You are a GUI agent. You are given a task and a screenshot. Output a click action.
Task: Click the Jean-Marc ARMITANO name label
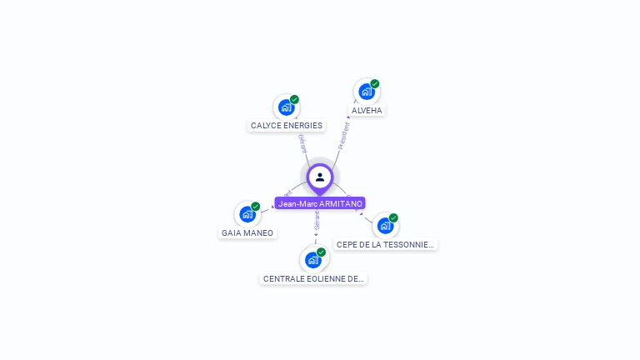320,203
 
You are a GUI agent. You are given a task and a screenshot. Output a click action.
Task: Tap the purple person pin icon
320,177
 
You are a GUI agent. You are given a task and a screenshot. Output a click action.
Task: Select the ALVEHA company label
367,110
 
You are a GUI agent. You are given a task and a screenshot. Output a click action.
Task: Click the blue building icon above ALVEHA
366,92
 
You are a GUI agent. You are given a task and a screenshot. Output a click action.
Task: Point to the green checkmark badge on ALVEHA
375,83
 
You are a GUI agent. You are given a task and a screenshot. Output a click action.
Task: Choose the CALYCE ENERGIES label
287,126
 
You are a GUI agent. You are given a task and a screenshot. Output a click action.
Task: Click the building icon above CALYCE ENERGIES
286,107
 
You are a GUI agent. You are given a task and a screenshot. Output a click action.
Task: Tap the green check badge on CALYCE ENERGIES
294,99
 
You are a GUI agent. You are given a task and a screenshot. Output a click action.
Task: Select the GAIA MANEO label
247,233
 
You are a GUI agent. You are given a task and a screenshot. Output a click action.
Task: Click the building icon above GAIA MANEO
247,214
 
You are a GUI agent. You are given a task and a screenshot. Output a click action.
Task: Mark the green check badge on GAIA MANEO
256,206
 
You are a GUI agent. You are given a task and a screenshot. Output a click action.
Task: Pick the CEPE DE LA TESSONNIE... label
385,245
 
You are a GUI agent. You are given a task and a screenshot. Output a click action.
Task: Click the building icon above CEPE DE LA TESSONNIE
384,226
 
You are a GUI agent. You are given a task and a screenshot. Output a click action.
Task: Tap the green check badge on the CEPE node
393,217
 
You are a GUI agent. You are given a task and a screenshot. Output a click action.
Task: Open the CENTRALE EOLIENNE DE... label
313,279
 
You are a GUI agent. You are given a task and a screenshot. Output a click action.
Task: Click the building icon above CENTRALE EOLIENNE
312,260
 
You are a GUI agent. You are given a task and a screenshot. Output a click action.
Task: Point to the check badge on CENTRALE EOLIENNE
321,252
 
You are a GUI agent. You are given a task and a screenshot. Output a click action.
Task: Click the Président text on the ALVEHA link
343,136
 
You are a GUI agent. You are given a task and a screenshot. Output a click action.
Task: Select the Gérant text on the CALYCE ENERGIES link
302,142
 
